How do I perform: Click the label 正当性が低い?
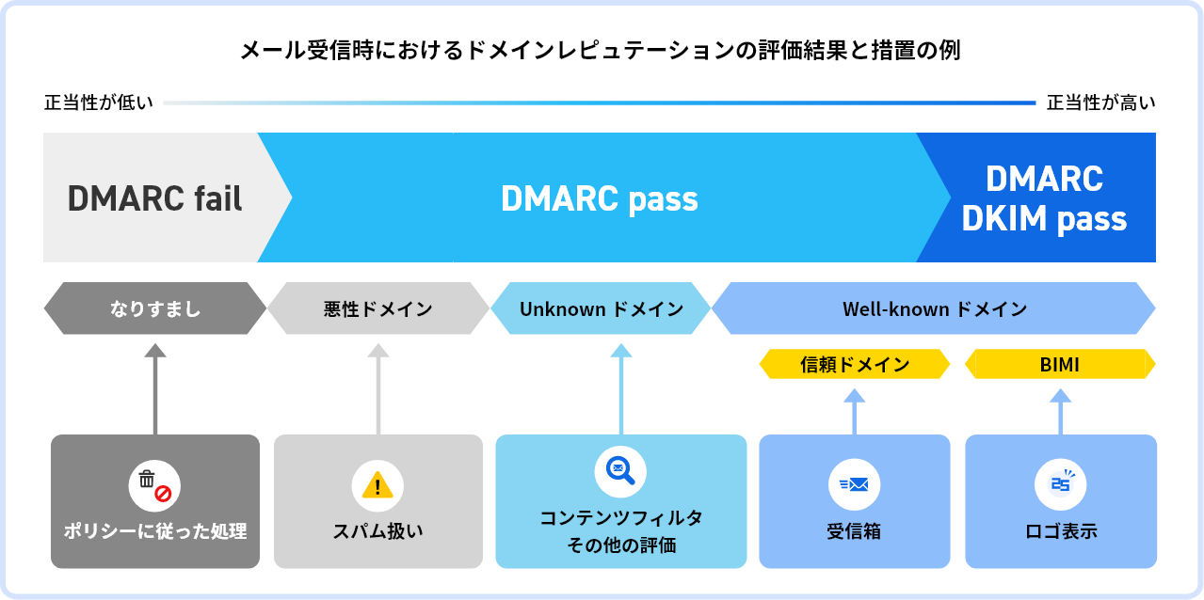click(98, 103)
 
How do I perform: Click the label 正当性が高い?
click(1100, 103)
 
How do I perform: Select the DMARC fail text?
click(155, 198)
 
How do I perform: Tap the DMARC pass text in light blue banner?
click(600, 198)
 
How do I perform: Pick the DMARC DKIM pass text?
click(1044, 198)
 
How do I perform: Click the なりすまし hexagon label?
click(155, 308)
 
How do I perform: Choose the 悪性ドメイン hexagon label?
click(377, 308)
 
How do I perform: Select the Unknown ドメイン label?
click(602, 308)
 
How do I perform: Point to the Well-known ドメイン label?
click(934, 308)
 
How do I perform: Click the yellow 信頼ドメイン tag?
click(855, 365)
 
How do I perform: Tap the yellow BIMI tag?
click(1060, 365)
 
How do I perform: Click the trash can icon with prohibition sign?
click(154, 485)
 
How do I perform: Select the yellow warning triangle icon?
click(377, 486)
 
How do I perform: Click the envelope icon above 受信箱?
click(854, 485)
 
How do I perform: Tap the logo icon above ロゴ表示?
click(1061, 485)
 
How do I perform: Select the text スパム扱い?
click(377, 531)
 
